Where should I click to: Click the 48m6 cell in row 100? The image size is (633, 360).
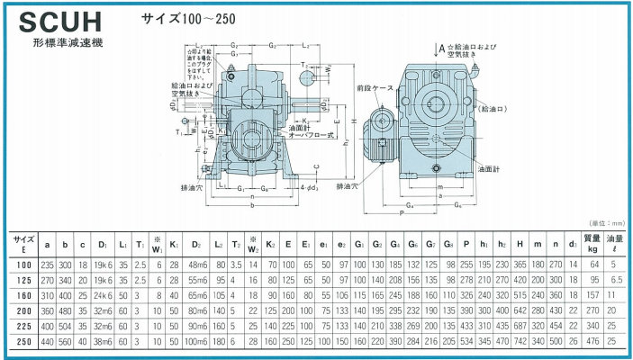tap(197, 264)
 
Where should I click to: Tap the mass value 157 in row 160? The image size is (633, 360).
tap(592, 294)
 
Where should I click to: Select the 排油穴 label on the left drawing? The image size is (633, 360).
tap(190, 187)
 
